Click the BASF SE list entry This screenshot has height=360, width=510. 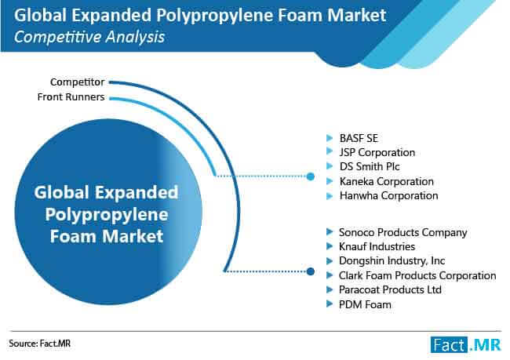pyautogui.click(x=359, y=138)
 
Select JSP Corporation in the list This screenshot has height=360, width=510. pyautogui.click(x=377, y=152)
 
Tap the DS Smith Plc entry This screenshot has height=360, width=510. pyautogui.click(x=370, y=166)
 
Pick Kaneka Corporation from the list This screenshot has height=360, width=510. pyautogui.click(x=386, y=181)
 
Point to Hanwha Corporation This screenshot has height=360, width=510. pyautogui.click(x=388, y=195)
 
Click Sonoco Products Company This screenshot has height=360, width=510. pyautogui.click(x=403, y=232)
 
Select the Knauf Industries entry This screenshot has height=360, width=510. pyautogui.click(x=377, y=246)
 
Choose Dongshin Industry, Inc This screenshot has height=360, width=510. pyautogui.click(x=392, y=261)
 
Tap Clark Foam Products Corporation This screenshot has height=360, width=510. pyautogui.click(x=417, y=275)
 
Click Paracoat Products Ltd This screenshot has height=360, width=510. pyautogui.click(x=390, y=289)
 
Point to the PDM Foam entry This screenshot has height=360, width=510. pyautogui.click(x=365, y=305)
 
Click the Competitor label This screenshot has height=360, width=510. pyautogui.click(x=78, y=82)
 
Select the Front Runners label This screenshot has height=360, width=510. pyautogui.click(x=71, y=97)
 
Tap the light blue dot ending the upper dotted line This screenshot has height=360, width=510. pyautogui.click(x=311, y=176)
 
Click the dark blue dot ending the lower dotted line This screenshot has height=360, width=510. pyautogui.click(x=311, y=271)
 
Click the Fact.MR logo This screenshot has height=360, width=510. pyautogui.click(x=465, y=345)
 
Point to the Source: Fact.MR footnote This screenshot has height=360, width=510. pyautogui.click(x=39, y=344)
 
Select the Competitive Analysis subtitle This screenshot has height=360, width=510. pyautogui.click(x=89, y=37)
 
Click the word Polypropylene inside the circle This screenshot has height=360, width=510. pyautogui.click(x=107, y=215)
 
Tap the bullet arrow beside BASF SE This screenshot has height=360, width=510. pyautogui.click(x=330, y=138)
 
